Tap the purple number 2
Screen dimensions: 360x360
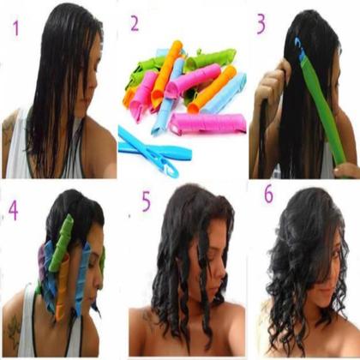[134, 23]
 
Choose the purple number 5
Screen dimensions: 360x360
[147, 202]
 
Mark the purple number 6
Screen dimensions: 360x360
[267, 194]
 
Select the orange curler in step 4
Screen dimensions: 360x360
[63, 291]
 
